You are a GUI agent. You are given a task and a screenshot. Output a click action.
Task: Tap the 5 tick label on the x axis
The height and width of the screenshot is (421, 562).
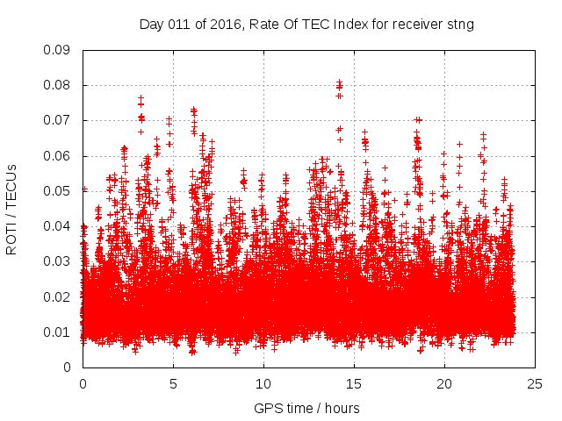(x=173, y=383)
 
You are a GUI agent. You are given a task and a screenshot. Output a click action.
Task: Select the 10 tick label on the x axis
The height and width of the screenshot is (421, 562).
(x=263, y=383)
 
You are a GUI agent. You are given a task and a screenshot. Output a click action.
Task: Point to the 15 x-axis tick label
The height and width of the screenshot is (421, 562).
(x=354, y=383)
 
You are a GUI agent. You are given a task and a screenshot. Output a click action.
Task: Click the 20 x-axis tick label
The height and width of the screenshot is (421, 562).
(x=444, y=383)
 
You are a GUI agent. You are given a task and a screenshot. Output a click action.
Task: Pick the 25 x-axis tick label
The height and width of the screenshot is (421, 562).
(x=535, y=383)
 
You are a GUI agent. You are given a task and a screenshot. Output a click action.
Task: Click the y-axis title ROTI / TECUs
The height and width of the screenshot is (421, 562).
(x=12, y=209)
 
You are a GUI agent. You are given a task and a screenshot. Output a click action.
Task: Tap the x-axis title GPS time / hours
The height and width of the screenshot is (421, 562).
(x=306, y=408)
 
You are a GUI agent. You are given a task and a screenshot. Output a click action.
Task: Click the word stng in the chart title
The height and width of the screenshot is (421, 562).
(x=461, y=25)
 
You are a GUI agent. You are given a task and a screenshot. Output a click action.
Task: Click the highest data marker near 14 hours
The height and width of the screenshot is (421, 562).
(x=339, y=82)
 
